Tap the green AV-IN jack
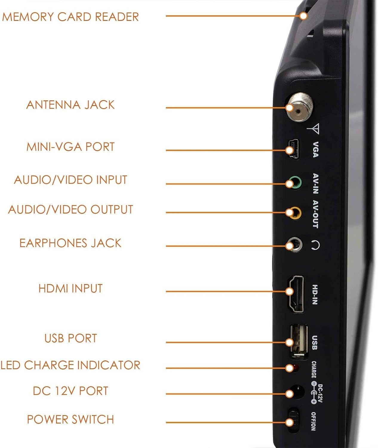click(x=295, y=183)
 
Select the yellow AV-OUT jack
click(x=295, y=213)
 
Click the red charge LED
click(x=296, y=367)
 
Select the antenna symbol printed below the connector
click(x=314, y=129)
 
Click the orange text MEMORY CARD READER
click(x=70, y=17)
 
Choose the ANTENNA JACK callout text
click(x=70, y=105)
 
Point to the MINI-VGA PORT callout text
click(x=70, y=147)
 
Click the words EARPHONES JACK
click(x=70, y=243)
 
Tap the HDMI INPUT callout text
click(x=70, y=288)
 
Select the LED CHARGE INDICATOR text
click(x=70, y=365)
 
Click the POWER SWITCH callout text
click(x=70, y=419)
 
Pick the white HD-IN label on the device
click(x=314, y=294)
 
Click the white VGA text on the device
click(x=315, y=150)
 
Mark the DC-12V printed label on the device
click(x=320, y=393)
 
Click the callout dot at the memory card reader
click(x=303, y=16)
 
